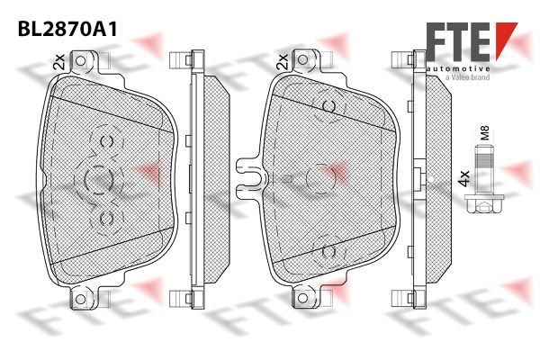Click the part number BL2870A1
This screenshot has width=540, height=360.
pyautogui.click(x=67, y=30)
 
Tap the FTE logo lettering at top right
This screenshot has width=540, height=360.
pyautogui.click(x=458, y=41)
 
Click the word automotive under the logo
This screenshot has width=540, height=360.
pyautogui.click(x=458, y=69)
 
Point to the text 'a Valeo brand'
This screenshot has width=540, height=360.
pyautogui.click(x=467, y=77)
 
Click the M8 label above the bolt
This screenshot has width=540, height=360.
pyautogui.click(x=484, y=132)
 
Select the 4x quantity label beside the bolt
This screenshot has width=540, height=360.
pyautogui.click(x=464, y=178)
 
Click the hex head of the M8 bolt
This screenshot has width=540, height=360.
pyautogui.click(x=484, y=203)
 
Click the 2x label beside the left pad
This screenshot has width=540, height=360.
pyautogui.click(x=59, y=62)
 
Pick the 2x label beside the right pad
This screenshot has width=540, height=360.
pyautogui.click(x=282, y=62)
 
